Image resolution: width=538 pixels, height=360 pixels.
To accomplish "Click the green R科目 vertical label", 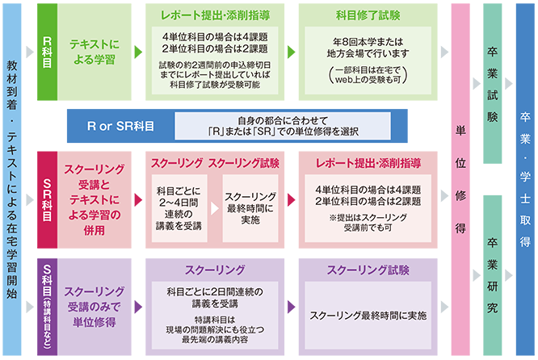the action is click(x=47, y=52).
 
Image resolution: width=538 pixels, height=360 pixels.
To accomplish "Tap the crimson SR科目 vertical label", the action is click(x=47, y=200).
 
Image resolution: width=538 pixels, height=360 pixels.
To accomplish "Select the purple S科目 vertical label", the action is click(x=47, y=307).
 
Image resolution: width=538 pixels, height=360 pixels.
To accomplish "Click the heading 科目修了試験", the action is click(x=368, y=15).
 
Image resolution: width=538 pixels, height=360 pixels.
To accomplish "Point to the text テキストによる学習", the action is click(x=95, y=52).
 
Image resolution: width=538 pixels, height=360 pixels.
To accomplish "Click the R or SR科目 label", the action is click(x=121, y=126).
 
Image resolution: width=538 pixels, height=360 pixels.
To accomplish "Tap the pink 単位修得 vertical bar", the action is click(x=460, y=179).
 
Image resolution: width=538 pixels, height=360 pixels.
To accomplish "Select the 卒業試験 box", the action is click(x=493, y=84).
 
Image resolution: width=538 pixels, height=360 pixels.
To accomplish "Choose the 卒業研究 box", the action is click(x=493, y=275).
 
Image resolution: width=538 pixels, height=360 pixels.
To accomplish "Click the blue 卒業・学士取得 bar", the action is click(x=525, y=179).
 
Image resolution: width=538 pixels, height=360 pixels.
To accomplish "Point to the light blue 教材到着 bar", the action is click(x=12, y=179).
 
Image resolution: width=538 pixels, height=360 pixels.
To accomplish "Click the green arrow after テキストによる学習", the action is click(x=138, y=52).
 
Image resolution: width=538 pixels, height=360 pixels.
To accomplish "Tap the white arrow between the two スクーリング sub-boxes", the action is click(x=215, y=208).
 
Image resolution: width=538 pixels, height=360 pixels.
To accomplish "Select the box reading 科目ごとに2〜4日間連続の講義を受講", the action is click(x=179, y=208).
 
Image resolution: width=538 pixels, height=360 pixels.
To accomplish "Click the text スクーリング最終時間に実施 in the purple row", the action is click(x=368, y=316).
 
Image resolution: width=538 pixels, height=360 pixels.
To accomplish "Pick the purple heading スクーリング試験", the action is click(x=368, y=270).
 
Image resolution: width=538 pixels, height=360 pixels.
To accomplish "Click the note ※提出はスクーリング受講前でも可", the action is click(x=368, y=223).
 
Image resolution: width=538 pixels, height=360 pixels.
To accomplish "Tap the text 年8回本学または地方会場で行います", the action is click(x=368, y=48).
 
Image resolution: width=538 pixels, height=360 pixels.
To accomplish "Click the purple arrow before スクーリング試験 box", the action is click(x=292, y=307).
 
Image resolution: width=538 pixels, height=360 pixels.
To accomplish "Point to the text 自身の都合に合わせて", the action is click(x=283, y=121).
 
